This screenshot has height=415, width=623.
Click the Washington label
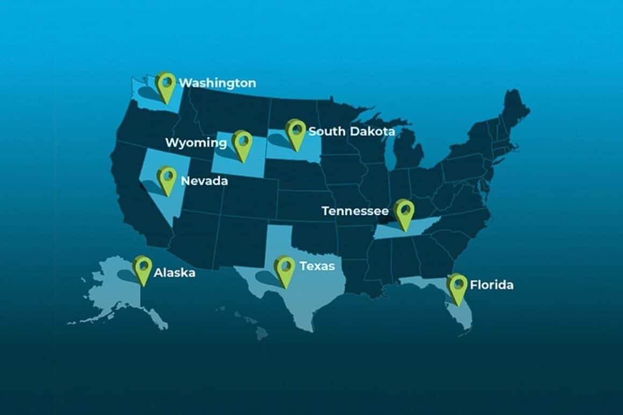tap(217, 83)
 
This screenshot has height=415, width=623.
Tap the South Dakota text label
tap(352, 131)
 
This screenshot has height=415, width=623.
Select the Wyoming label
tap(195, 143)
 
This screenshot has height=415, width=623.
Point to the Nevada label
tap(204, 181)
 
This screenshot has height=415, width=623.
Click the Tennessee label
tap(355, 211)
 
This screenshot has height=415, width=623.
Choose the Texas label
tap(317, 266)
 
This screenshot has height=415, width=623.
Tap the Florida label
tap(491, 285)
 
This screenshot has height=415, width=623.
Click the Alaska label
tap(174, 273)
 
